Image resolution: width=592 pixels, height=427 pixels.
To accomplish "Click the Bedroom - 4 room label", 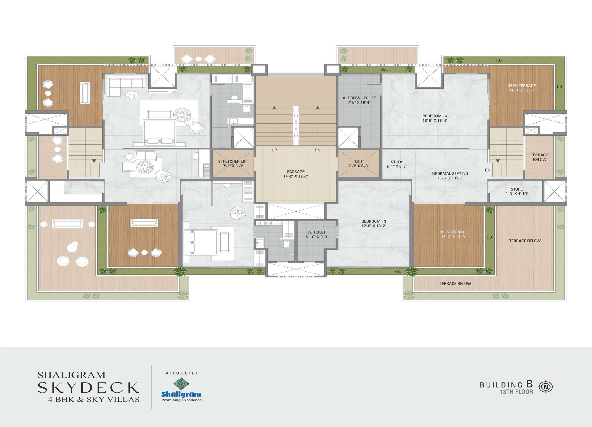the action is (x=435, y=116).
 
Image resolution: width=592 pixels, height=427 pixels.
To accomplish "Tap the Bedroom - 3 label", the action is (x=374, y=221).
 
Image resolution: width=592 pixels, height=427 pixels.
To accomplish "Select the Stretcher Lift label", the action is (x=233, y=161).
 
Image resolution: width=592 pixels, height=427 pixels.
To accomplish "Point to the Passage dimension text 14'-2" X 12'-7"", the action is (x=296, y=176).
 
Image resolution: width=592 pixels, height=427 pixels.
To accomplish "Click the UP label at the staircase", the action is (x=274, y=150).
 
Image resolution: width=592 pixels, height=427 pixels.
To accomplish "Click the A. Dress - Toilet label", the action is (x=359, y=98).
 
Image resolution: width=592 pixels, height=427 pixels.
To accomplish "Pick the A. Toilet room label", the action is (x=317, y=232).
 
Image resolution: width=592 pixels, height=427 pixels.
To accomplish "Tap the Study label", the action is (x=397, y=162).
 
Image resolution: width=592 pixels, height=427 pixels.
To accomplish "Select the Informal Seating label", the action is (x=450, y=173).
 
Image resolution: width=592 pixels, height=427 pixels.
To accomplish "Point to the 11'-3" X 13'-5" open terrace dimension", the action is (x=521, y=90).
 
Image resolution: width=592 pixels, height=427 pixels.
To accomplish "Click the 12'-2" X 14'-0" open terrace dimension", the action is (x=453, y=237).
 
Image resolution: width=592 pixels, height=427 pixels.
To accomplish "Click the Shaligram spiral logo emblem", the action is (x=181, y=384).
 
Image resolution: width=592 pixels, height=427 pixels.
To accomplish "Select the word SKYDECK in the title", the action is (x=89, y=388).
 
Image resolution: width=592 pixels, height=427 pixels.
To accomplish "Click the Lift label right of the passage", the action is (x=359, y=161).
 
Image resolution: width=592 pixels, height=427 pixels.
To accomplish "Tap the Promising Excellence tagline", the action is (x=182, y=400).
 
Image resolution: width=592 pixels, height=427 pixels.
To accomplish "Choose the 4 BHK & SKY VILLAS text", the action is (x=94, y=399).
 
